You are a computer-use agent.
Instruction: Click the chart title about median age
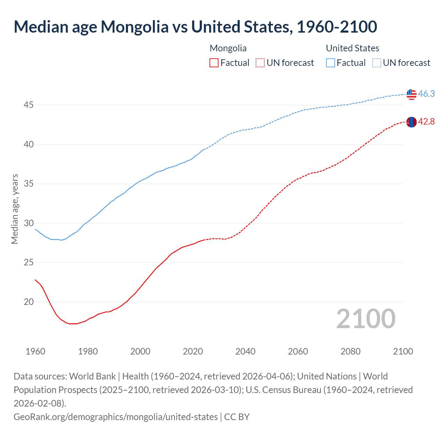[x=195, y=27]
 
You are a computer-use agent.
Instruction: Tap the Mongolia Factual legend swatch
[x=214, y=63]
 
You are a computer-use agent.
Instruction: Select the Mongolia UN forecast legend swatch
[x=260, y=63]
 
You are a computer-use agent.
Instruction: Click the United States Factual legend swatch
[x=330, y=63]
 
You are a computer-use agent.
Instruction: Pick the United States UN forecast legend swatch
[x=376, y=63]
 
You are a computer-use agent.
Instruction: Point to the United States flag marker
[x=411, y=94]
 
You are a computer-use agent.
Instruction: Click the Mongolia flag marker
[x=411, y=122]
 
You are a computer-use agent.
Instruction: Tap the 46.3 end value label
[x=426, y=94]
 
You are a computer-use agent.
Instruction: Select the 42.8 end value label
[x=426, y=122]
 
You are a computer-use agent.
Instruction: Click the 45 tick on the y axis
[x=28, y=105]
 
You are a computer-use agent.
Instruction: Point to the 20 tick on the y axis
[x=28, y=302]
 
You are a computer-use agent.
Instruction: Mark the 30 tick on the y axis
[x=28, y=223]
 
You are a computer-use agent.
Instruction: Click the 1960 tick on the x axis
[x=35, y=351]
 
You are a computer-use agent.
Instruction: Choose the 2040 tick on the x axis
[x=245, y=351]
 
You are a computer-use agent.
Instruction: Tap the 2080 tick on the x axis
[x=350, y=351]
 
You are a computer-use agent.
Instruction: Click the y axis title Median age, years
[x=15, y=209]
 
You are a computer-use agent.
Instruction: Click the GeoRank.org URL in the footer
[x=116, y=417]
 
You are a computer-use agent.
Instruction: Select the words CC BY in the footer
[x=237, y=417]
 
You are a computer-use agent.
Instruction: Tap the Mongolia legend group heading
[x=228, y=48]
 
